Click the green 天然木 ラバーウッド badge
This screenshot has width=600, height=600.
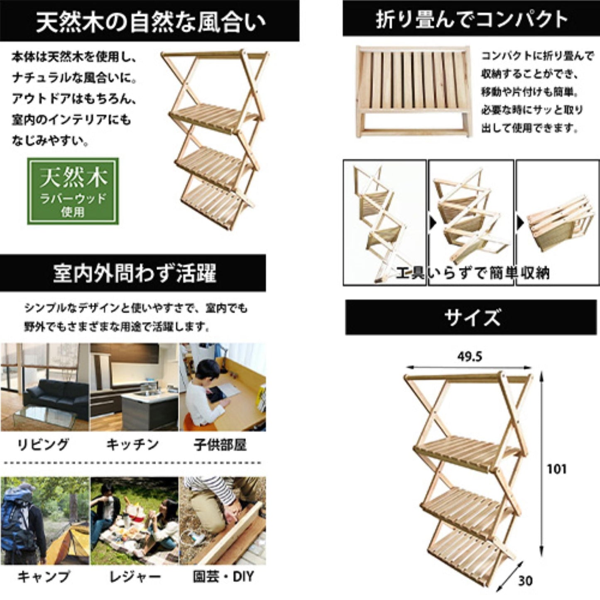[73, 191]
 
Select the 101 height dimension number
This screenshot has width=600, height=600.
[557, 469]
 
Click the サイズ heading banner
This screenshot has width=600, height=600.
[471, 317]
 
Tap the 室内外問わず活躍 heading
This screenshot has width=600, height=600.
[133, 273]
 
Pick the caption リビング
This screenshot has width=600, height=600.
[43, 445]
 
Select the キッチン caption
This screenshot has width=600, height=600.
[133, 445]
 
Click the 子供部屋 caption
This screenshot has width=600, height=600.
[220, 445]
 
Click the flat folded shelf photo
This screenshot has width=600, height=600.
[414, 92]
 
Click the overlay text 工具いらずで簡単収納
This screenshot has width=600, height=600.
[473, 273]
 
